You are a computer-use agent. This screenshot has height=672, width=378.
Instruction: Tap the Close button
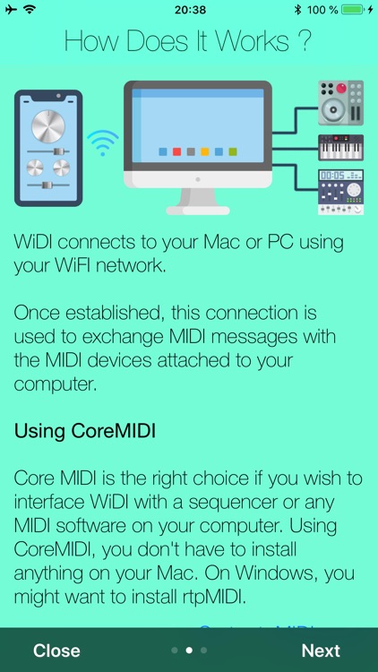pyautogui.click(x=56, y=650)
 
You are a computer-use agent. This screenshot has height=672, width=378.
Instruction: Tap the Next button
pyautogui.click(x=321, y=650)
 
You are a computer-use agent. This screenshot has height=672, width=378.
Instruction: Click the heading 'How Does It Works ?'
pyautogui.click(x=189, y=41)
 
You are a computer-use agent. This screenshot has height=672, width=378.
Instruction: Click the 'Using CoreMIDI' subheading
pyautogui.click(x=85, y=431)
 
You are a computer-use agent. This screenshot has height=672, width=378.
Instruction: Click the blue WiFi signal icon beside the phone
pyautogui.click(x=102, y=142)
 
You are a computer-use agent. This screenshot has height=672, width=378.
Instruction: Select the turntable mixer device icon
pyautogui.click(x=341, y=103)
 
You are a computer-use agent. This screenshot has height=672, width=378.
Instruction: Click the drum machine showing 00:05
pyautogui.click(x=341, y=192)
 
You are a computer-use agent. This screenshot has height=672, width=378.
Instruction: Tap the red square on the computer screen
pyautogui.click(x=177, y=152)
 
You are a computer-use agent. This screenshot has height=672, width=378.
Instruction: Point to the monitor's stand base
pyautogui.click(x=197, y=207)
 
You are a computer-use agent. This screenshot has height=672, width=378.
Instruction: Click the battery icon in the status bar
pyautogui.click(x=353, y=10)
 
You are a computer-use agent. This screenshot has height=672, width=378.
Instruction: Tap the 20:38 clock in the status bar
pyautogui.click(x=189, y=10)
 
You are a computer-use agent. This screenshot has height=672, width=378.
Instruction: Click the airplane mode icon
pyautogui.click(x=10, y=10)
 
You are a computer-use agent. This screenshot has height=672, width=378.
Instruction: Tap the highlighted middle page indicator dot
pyautogui.click(x=189, y=650)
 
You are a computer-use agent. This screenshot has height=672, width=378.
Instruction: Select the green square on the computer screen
pyautogui.click(x=233, y=152)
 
